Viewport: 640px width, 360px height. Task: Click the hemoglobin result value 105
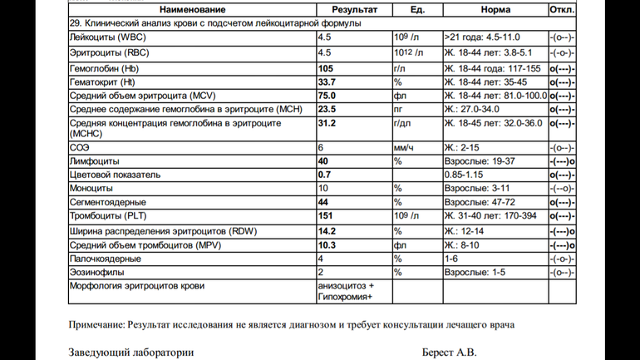pyautogui.click(x=326, y=67)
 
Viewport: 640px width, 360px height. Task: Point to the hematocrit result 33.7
pyautogui.click(x=327, y=81)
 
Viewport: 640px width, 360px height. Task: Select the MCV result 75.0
pyautogui.click(x=327, y=96)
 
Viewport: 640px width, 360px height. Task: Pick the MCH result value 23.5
pyautogui.click(x=327, y=110)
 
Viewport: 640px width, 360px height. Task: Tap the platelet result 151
pyautogui.click(x=326, y=216)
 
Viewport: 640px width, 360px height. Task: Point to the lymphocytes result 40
pyautogui.click(x=323, y=160)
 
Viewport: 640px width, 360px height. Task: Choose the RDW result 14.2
pyautogui.click(x=327, y=230)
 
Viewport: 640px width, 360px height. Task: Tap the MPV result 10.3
pyautogui.click(x=327, y=244)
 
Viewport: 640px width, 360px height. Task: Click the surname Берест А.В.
pyautogui.click(x=450, y=352)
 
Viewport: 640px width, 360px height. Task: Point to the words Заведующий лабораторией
pyautogui.click(x=131, y=352)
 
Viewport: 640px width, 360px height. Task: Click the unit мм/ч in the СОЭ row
pyautogui.click(x=405, y=146)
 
